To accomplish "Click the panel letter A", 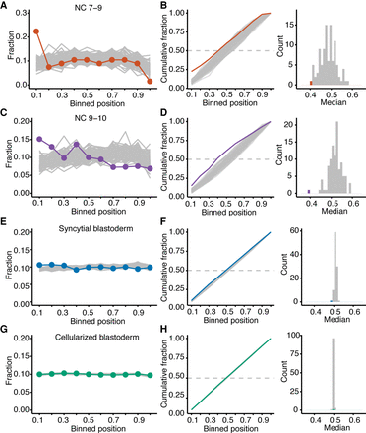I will pyautogui.click(x=6, y=6).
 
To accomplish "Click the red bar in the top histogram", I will pyautogui.click(x=313, y=84).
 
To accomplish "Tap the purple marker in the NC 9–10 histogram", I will pyautogui.click(x=310, y=191).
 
